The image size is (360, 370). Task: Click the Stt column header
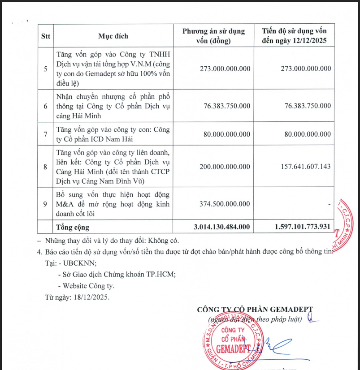(x=46, y=36)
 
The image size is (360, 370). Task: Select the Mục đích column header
(x=113, y=36)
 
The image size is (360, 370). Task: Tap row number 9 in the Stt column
(x=45, y=204)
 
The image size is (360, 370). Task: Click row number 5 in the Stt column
(x=45, y=69)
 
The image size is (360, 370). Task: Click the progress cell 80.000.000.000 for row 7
(x=303, y=134)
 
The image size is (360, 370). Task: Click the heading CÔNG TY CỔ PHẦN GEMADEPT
(x=255, y=310)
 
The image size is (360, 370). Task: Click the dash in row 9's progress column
(x=329, y=204)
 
